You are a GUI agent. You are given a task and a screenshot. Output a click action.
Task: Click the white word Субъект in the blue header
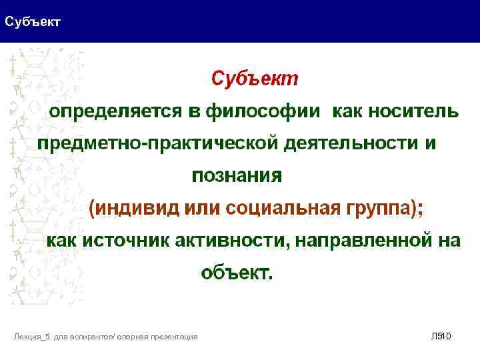pyautogui.click(x=33, y=22)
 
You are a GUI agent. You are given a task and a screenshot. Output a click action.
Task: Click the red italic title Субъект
pyautogui.click(x=255, y=79)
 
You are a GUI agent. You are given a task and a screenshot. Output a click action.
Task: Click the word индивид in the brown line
pyautogui.click(x=137, y=208)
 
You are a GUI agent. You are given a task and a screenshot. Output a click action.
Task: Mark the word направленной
pyautogui.click(x=363, y=241)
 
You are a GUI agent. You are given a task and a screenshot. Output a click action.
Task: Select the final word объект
pyautogui.click(x=237, y=273)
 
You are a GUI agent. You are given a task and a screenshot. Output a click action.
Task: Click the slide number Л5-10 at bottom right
pyautogui.click(x=441, y=337)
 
